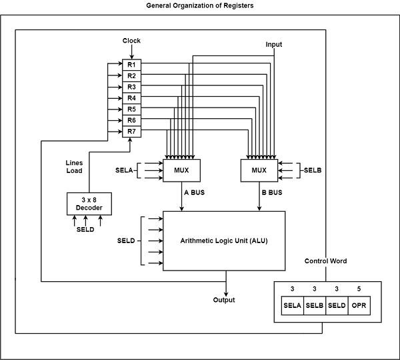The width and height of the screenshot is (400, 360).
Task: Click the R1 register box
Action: pos(132,65)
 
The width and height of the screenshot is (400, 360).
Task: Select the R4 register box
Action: pos(132,98)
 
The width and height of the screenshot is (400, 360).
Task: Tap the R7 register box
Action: pos(132,131)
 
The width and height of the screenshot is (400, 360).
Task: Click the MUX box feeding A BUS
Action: pos(182,170)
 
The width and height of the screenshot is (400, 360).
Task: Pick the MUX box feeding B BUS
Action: pos(259,170)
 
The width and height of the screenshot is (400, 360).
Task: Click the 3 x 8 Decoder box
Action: pos(89,204)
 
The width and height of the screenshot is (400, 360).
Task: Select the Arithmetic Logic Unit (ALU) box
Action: pos(224,240)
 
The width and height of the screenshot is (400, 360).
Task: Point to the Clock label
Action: pos(132,41)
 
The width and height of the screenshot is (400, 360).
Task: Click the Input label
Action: pos(274,44)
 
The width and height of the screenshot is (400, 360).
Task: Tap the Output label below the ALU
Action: pos(224,300)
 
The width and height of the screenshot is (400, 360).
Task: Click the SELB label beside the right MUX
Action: pos(313,171)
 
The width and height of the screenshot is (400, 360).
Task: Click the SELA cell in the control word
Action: pos(292,306)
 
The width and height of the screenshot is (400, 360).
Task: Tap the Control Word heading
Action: pos(325,260)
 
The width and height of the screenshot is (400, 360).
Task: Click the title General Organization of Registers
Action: pos(199,5)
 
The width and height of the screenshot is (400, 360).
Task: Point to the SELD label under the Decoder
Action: pos(85,230)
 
